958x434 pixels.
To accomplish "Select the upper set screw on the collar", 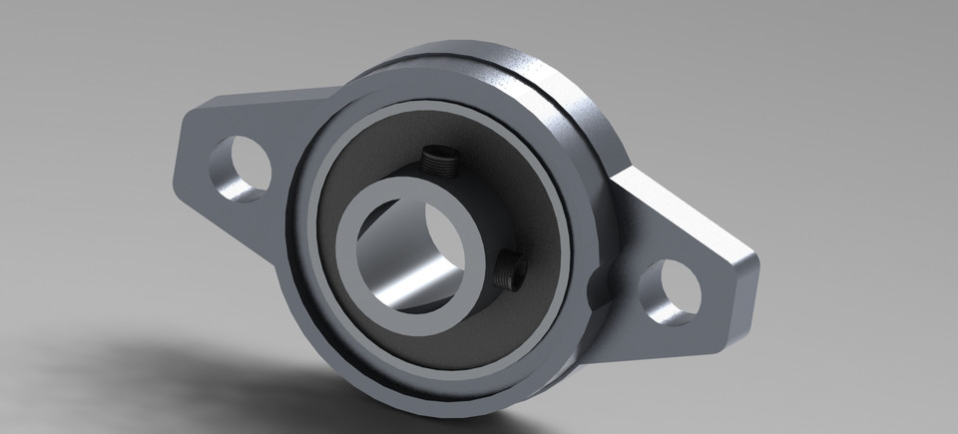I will pos(436,159).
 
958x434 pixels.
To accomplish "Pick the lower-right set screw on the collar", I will pos(510,267).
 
